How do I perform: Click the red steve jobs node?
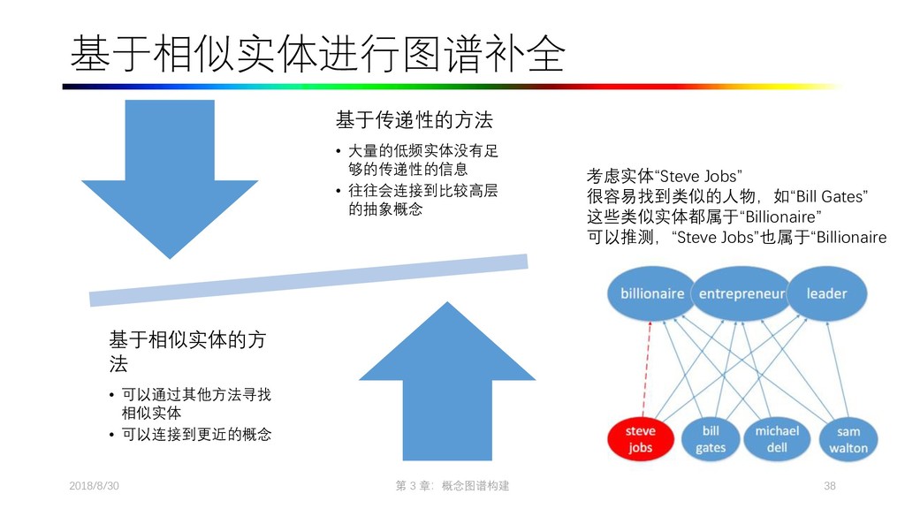[641, 438]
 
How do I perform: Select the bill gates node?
[711, 438]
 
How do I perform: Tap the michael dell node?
[777, 438]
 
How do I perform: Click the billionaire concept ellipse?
[652, 293]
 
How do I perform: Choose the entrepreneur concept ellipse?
[741, 293]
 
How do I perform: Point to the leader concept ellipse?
[826, 293]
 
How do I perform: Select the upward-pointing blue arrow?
[447, 380]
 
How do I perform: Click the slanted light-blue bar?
[309, 279]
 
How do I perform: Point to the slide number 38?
[829, 486]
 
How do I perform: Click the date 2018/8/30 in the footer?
[94, 486]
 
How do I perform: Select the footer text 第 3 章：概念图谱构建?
[453, 486]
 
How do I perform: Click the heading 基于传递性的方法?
[414, 119]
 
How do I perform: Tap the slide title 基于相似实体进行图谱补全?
[317, 55]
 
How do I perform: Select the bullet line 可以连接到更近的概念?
[196, 434]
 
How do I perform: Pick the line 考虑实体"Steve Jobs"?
[664, 175]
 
